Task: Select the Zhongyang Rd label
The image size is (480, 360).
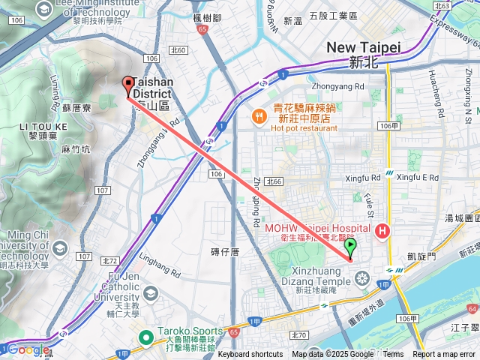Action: (337, 86)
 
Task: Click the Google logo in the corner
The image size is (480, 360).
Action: (27, 349)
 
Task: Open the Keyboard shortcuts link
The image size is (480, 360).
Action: (250, 355)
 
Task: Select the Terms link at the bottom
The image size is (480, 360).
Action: (393, 355)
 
